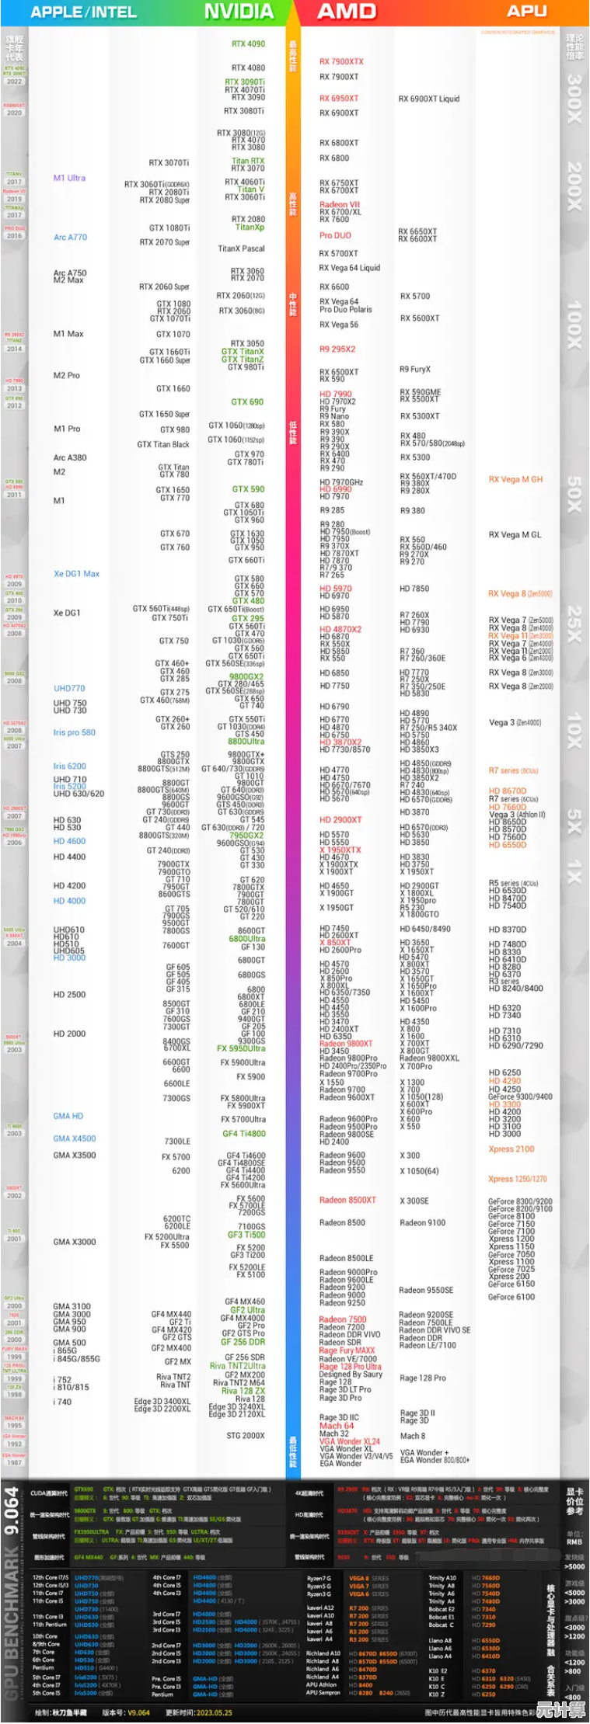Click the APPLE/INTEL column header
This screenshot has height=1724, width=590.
click(x=83, y=12)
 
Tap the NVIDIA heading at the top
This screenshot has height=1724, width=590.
click(x=239, y=12)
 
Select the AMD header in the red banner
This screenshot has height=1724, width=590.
click(x=347, y=12)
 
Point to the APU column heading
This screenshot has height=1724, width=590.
click(x=526, y=11)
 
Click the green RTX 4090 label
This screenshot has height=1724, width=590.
click(x=248, y=44)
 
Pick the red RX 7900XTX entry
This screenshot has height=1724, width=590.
click(x=341, y=61)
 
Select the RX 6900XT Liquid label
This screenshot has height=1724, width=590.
click(x=428, y=99)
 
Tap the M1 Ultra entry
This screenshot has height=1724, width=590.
click(x=69, y=178)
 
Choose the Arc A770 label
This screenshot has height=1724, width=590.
click(x=70, y=237)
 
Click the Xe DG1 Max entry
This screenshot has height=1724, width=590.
click(x=76, y=573)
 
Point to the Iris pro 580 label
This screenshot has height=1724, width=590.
click(x=74, y=732)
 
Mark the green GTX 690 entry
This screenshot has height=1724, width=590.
click(x=247, y=401)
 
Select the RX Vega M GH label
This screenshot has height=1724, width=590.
click(x=515, y=479)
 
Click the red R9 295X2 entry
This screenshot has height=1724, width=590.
click(x=337, y=349)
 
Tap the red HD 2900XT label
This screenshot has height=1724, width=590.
click(x=340, y=819)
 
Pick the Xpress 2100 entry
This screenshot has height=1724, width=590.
click(x=511, y=1149)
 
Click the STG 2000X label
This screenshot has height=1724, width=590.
click(x=246, y=1435)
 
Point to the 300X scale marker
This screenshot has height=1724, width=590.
click(x=574, y=99)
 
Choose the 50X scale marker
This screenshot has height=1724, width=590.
click(x=574, y=494)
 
